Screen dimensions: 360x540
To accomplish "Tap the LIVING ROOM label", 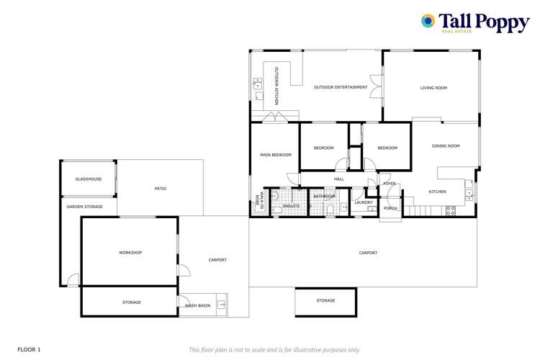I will (x=433, y=88).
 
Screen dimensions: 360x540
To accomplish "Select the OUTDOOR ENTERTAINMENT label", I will (x=341, y=88).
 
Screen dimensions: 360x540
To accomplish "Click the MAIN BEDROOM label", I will (x=276, y=155).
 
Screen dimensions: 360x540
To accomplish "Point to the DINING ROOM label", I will (x=445, y=146).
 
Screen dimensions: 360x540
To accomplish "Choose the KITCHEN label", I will (x=437, y=192).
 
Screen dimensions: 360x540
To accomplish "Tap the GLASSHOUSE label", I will (x=89, y=179).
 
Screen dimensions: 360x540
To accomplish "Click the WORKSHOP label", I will (x=130, y=253).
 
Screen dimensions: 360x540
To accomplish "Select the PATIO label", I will (x=161, y=189).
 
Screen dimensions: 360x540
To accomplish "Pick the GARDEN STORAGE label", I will (x=85, y=207).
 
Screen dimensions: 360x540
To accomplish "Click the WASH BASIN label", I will (x=197, y=306).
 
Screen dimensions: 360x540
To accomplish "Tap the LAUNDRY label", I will (x=364, y=202).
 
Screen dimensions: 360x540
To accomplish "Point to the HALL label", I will (x=338, y=179).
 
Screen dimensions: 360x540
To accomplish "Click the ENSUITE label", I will (x=291, y=206).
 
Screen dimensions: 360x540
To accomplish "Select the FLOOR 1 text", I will (x=29, y=349).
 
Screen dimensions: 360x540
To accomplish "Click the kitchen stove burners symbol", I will (x=451, y=210).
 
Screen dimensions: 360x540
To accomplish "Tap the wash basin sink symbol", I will (x=222, y=305).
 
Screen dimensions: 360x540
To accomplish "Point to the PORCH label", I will (x=390, y=208).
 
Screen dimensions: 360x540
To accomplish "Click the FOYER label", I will (x=390, y=184).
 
